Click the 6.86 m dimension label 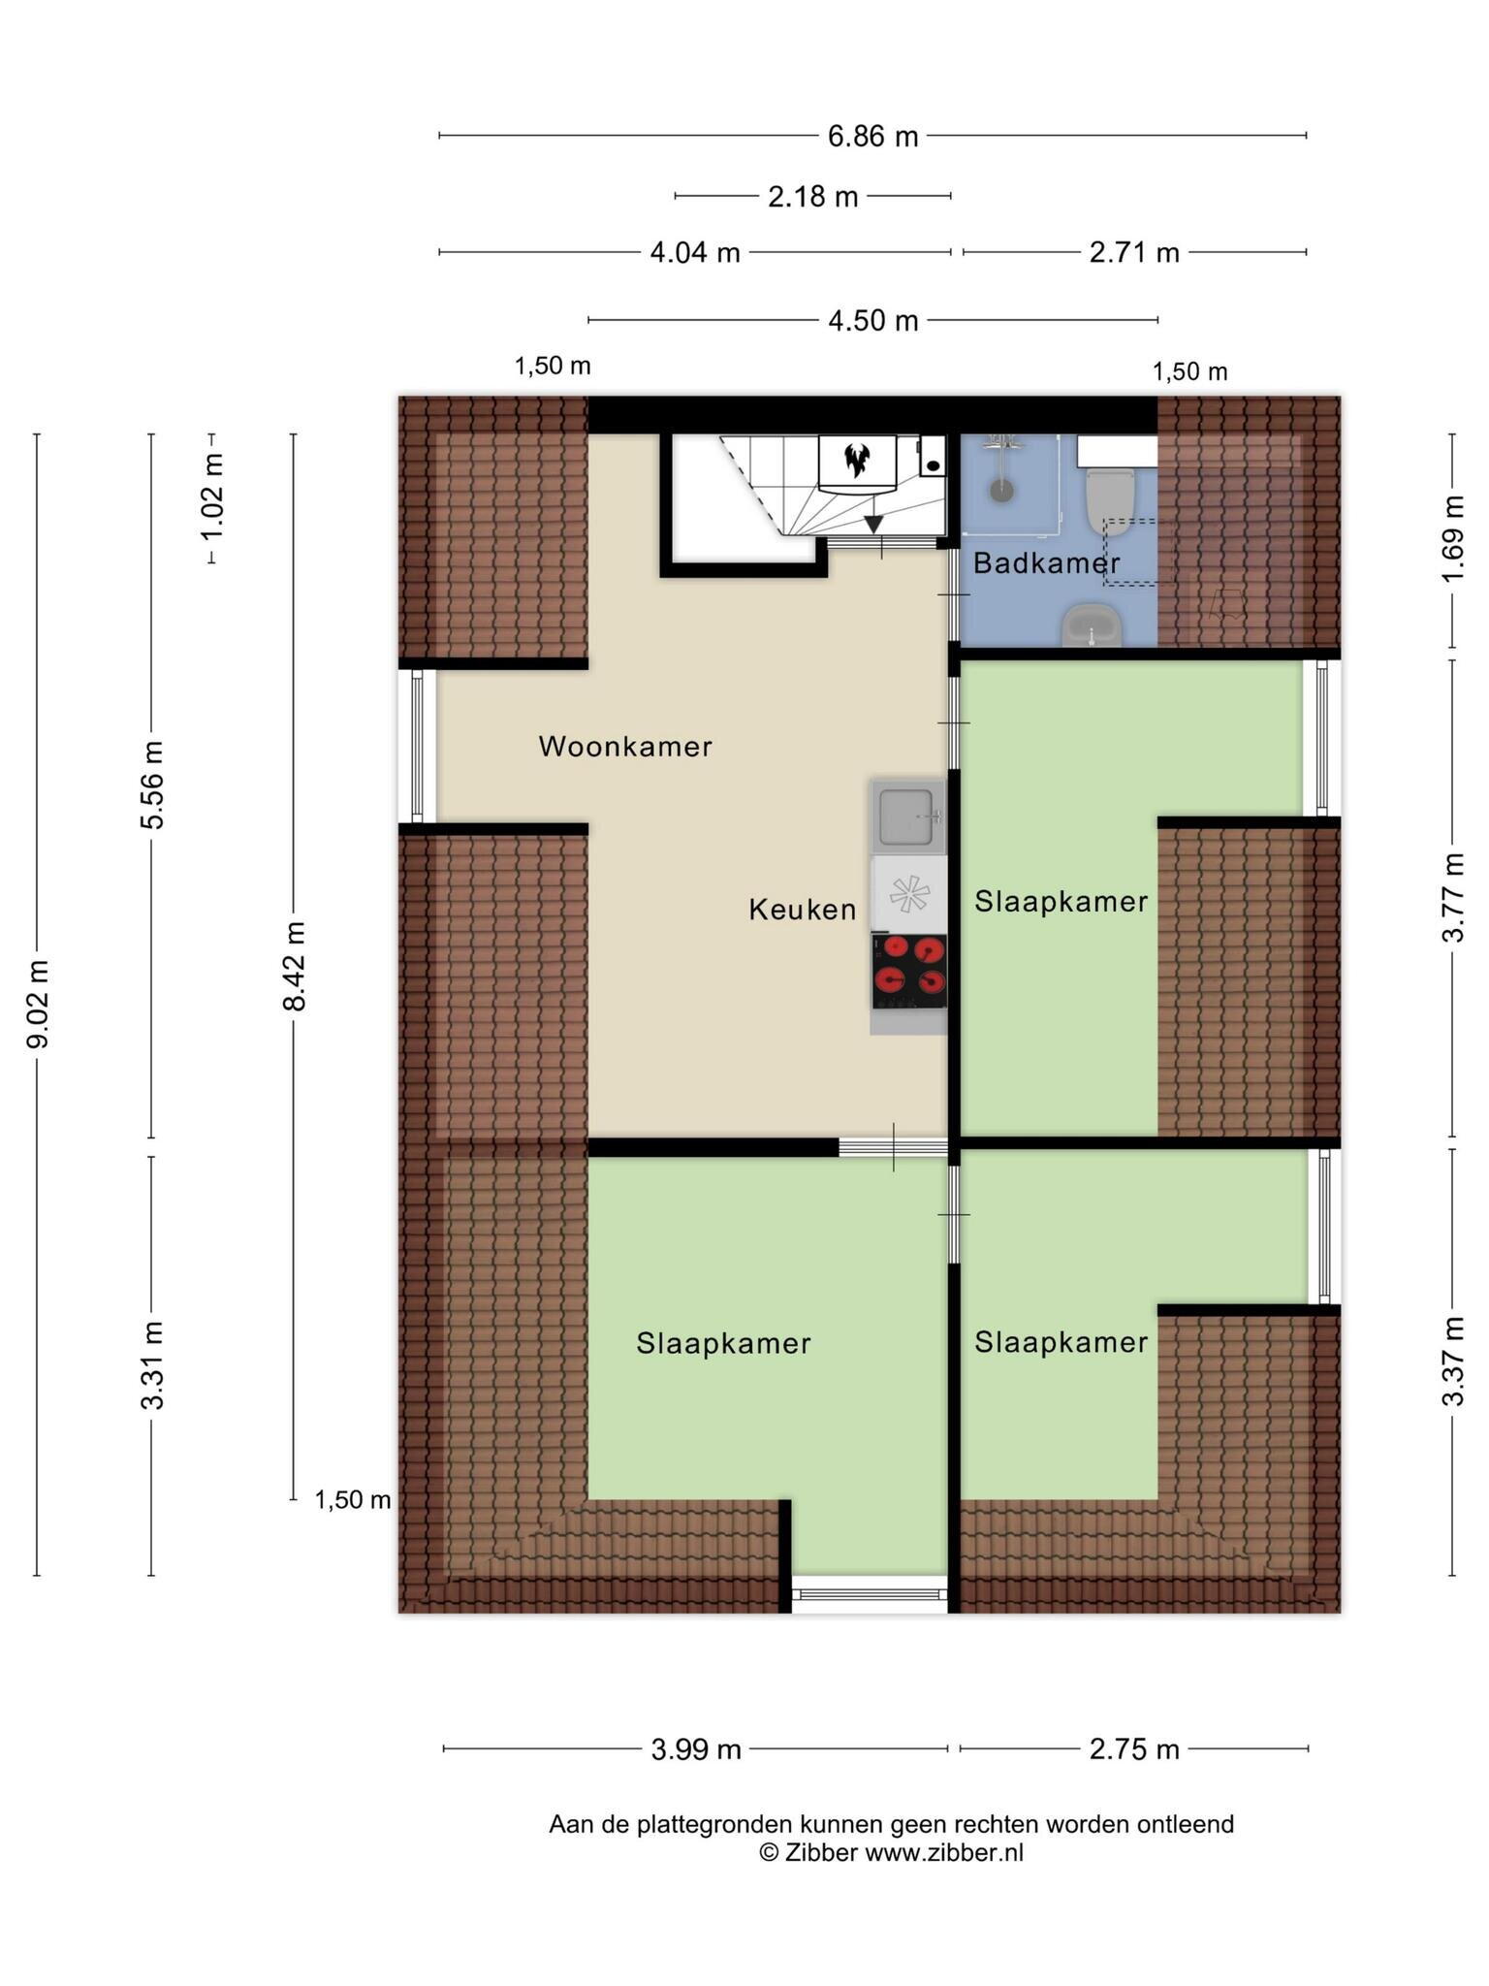(x=872, y=136)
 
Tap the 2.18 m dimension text (x=812, y=197)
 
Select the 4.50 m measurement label (x=872, y=320)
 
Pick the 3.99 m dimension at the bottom (x=695, y=1749)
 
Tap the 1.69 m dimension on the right (x=1452, y=539)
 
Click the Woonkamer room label (x=625, y=747)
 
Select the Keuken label (x=803, y=910)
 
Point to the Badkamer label (x=1047, y=562)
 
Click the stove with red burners (x=909, y=973)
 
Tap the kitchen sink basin (x=908, y=816)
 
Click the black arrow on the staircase (x=873, y=525)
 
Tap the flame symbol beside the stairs (x=856, y=460)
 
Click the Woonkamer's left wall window (x=418, y=747)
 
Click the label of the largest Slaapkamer (x=723, y=1344)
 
